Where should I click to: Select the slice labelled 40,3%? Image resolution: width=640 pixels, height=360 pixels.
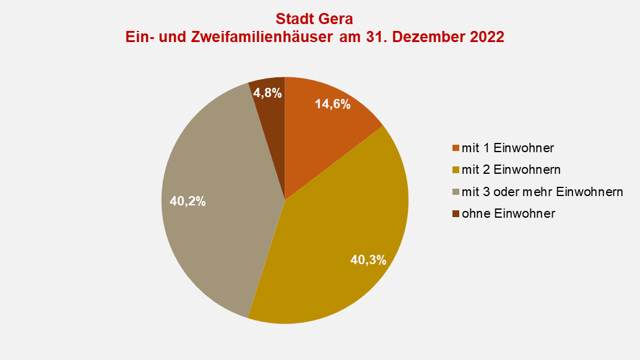pyautogui.click(x=334, y=247)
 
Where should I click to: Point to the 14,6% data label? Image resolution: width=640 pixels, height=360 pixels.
pyautogui.click(x=332, y=104)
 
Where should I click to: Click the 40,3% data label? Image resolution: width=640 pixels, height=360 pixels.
pyautogui.click(x=368, y=260)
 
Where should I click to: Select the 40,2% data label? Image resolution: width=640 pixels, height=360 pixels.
pyautogui.click(x=188, y=201)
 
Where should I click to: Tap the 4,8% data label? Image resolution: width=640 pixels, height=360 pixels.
pyautogui.click(x=267, y=93)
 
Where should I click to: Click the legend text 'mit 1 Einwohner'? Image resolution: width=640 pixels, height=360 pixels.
pyautogui.click(x=508, y=148)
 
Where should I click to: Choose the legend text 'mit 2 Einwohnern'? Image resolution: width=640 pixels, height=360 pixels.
pyautogui.click(x=511, y=170)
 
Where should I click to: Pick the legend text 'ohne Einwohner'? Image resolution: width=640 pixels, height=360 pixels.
pyautogui.click(x=508, y=213)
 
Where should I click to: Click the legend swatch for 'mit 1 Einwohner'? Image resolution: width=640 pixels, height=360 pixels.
pyautogui.click(x=456, y=148)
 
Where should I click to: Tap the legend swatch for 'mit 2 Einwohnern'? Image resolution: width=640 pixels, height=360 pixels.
pyautogui.click(x=456, y=170)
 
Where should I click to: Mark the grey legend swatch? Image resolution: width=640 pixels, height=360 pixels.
pyautogui.click(x=456, y=192)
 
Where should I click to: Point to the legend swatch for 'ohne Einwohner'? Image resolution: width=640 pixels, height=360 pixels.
pyautogui.click(x=456, y=213)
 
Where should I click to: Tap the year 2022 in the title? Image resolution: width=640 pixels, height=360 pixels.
pyautogui.click(x=484, y=37)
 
